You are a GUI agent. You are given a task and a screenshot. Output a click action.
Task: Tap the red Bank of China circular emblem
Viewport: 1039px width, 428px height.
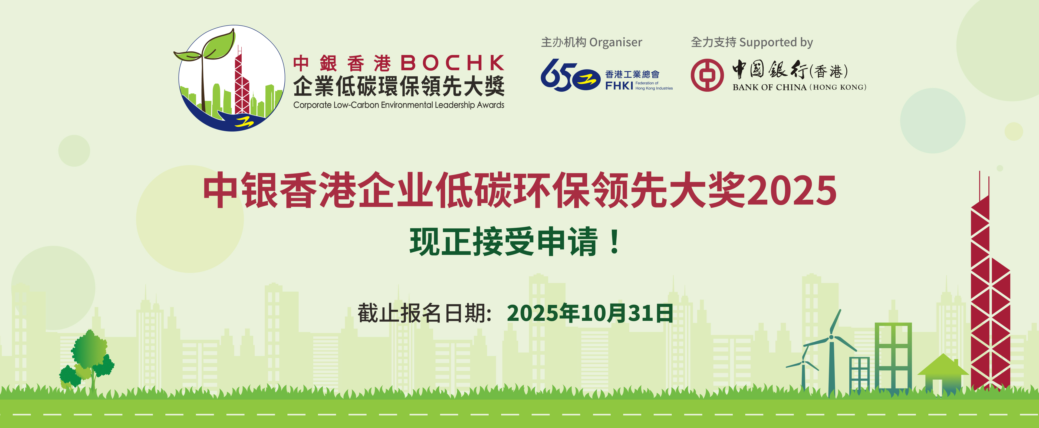[x=707, y=75]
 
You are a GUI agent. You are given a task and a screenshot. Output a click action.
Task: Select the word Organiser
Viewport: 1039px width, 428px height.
[x=616, y=43]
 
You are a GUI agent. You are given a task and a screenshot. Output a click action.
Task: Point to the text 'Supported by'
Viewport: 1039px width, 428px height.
[x=776, y=43]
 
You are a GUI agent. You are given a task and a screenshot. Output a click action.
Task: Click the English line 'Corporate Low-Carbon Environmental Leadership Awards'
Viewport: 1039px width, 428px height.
[x=399, y=105]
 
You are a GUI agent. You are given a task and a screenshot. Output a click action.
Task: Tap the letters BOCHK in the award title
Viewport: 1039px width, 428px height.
[x=453, y=63]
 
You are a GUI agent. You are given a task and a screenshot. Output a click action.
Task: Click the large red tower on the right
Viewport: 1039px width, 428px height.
[x=990, y=282]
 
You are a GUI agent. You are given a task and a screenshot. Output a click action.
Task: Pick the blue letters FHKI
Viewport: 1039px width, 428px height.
[x=619, y=85]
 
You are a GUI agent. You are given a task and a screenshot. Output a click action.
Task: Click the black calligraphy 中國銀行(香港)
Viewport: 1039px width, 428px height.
[x=790, y=70]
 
